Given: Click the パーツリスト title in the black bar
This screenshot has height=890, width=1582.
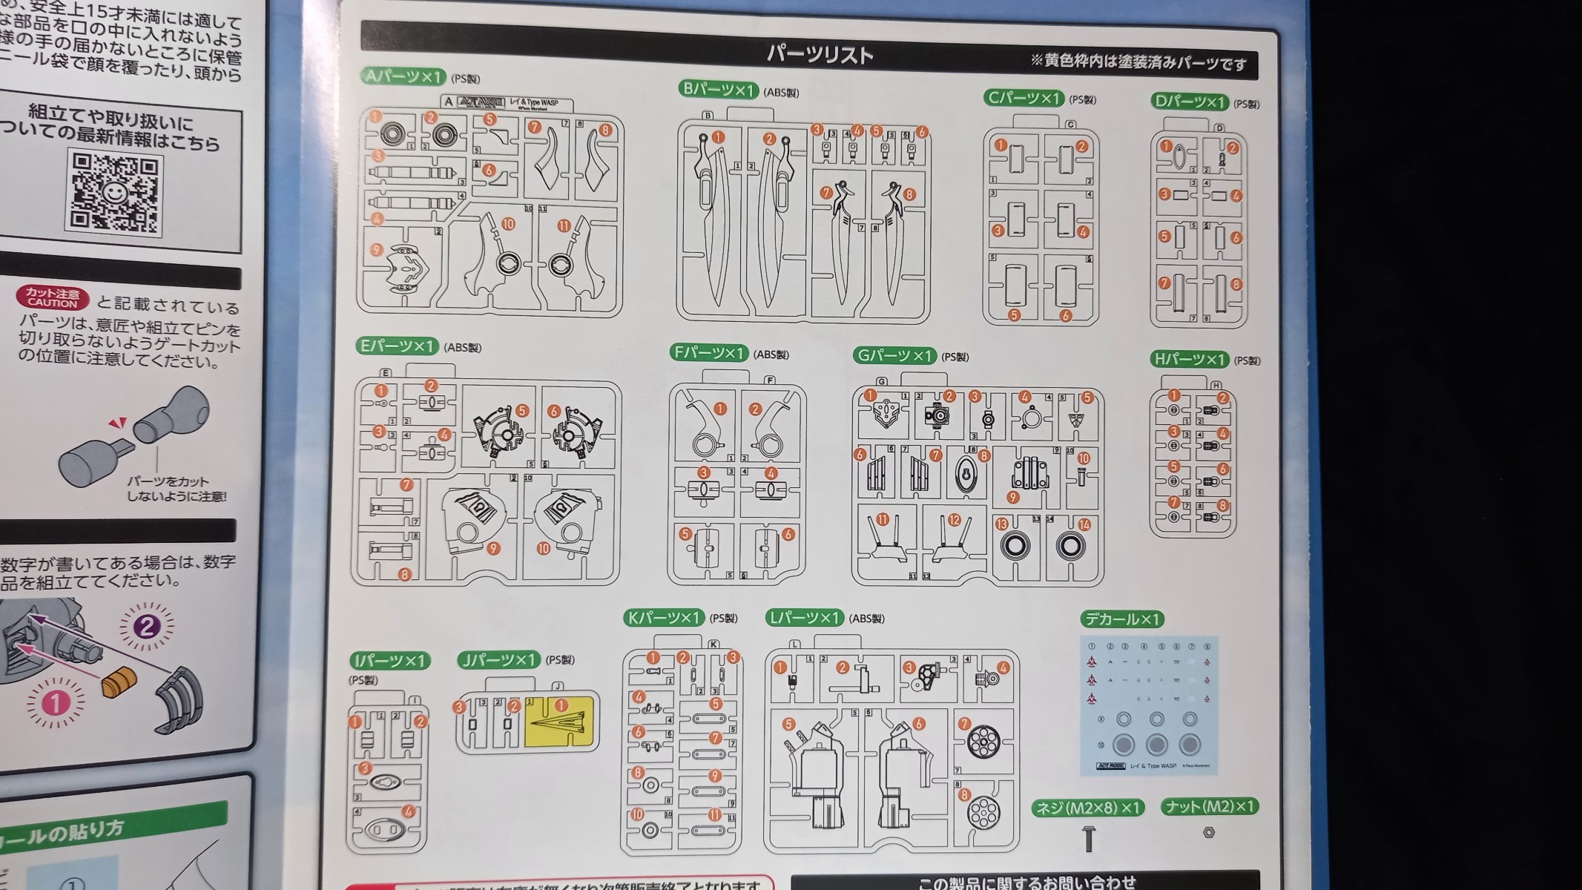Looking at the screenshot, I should point(820,55).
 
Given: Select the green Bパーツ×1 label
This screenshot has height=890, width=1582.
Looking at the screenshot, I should point(718,90).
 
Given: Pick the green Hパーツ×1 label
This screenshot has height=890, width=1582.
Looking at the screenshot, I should point(1190,359).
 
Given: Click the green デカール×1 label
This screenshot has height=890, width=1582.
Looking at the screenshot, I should point(1122,619).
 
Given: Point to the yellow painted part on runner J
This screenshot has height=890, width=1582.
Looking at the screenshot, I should point(560,721).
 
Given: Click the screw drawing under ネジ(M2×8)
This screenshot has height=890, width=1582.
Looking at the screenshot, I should point(1089,839).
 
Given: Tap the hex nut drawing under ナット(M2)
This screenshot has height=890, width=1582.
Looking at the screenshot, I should point(1208,832).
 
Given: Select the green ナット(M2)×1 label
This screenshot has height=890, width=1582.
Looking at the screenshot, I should point(1209,806).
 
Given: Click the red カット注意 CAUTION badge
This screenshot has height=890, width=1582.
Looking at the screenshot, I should point(53,298).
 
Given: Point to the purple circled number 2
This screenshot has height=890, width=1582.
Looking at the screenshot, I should point(146,627).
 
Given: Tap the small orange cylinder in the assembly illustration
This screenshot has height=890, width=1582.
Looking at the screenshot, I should point(119,682).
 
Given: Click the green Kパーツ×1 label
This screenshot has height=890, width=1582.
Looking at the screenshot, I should point(664,617).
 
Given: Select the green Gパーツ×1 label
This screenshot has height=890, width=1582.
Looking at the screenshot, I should point(894,356).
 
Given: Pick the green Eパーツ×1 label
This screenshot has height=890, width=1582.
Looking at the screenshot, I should point(397,346).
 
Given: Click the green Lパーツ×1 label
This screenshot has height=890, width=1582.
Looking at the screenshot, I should point(804,617).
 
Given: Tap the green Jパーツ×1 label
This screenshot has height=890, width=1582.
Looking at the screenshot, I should point(498,659).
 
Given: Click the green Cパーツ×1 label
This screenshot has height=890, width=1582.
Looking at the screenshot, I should point(1024,97).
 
